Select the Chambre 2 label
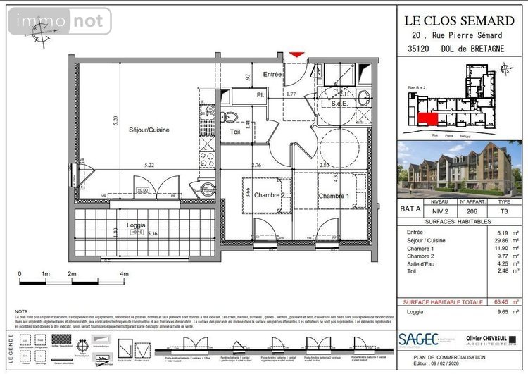click(269, 195)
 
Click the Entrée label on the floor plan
click(272, 74)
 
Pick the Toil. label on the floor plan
click(236, 132)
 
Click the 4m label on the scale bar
click(125, 273)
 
